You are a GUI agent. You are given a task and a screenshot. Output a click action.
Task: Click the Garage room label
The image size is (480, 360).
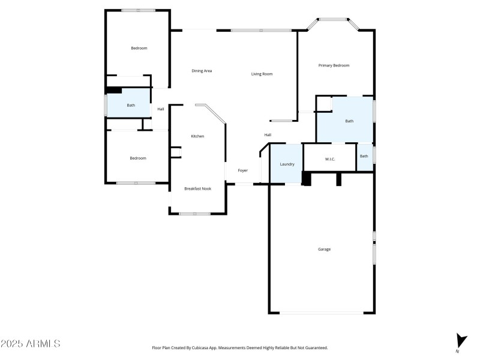coord(324,249)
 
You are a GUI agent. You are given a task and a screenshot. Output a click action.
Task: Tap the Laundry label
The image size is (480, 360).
coord(287,164)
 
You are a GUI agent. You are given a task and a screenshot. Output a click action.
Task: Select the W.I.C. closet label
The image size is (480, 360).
coord(329,159)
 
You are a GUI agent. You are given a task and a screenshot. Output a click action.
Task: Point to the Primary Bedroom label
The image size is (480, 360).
coord(334,65)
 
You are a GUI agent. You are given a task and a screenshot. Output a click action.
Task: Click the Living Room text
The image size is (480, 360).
coord(262,74)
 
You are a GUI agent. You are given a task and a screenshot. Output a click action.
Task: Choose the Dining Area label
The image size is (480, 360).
coord(202,71)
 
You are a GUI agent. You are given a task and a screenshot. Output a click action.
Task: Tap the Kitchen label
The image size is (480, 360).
coord(197,136)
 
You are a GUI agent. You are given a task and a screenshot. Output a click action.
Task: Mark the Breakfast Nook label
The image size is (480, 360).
coord(197,188)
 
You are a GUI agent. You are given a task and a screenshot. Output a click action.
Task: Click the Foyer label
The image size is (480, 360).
coord(242,170)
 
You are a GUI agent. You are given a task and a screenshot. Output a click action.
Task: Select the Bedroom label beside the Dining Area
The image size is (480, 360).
coord(139,48)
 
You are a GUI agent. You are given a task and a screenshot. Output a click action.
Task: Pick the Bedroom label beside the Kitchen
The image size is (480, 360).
coord(138,158)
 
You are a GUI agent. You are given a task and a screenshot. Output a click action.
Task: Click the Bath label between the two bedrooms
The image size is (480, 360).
coord(131,105)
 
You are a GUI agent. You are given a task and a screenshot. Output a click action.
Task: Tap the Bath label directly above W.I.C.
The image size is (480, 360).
coord(349,121)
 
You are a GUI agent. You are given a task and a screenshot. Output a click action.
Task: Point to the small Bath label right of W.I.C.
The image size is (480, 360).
coord(364,156)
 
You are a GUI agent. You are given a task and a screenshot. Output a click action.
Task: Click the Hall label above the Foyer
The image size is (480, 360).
coord(268,134)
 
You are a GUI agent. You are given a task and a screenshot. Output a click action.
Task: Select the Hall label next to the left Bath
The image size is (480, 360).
coord(161,109)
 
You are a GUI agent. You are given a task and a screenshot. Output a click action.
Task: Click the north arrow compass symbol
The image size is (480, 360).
coord(460,341)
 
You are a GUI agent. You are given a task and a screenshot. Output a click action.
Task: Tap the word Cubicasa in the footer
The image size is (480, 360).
coord(196,347)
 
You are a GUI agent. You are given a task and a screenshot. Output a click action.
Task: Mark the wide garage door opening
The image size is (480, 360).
coord(321,312)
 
